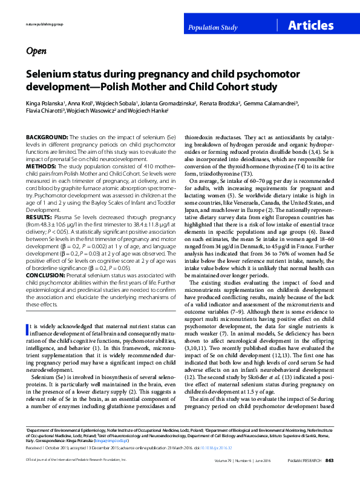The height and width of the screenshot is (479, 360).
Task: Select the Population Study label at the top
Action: tap(212, 28)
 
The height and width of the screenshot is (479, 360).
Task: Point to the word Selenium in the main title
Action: tap(49, 74)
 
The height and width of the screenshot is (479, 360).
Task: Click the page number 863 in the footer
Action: tap(330, 461)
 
